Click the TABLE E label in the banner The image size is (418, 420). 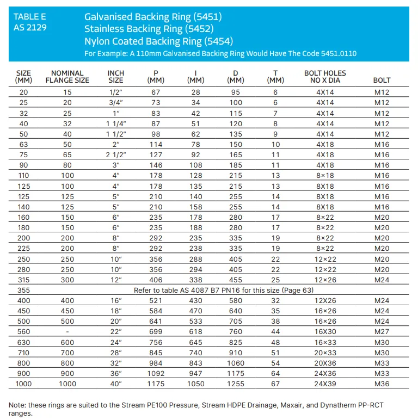click(30, 17)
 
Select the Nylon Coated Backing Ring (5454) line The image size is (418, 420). click(158, 41)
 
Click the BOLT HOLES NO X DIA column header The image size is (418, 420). click(325, 77)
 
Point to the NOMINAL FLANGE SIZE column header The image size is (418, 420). click(67, 77)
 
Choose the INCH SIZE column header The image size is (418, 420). click(116, 77)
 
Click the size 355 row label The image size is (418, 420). click(23, 290)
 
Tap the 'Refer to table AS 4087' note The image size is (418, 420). click(224, 290)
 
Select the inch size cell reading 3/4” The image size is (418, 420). click(116, 103)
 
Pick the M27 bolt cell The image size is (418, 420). click(382, 332)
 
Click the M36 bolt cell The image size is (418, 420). click(382, 384)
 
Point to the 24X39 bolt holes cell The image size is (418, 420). click(325, 384)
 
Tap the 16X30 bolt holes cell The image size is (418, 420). click(325, 332)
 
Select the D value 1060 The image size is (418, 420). click(236, 363)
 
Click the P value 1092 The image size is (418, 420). click(156, 373)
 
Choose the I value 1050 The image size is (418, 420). click(195, 384)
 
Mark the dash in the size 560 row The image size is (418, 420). click(67, 332)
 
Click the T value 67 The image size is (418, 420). click(275, 384)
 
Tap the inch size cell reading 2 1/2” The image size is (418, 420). click(116, 155)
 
